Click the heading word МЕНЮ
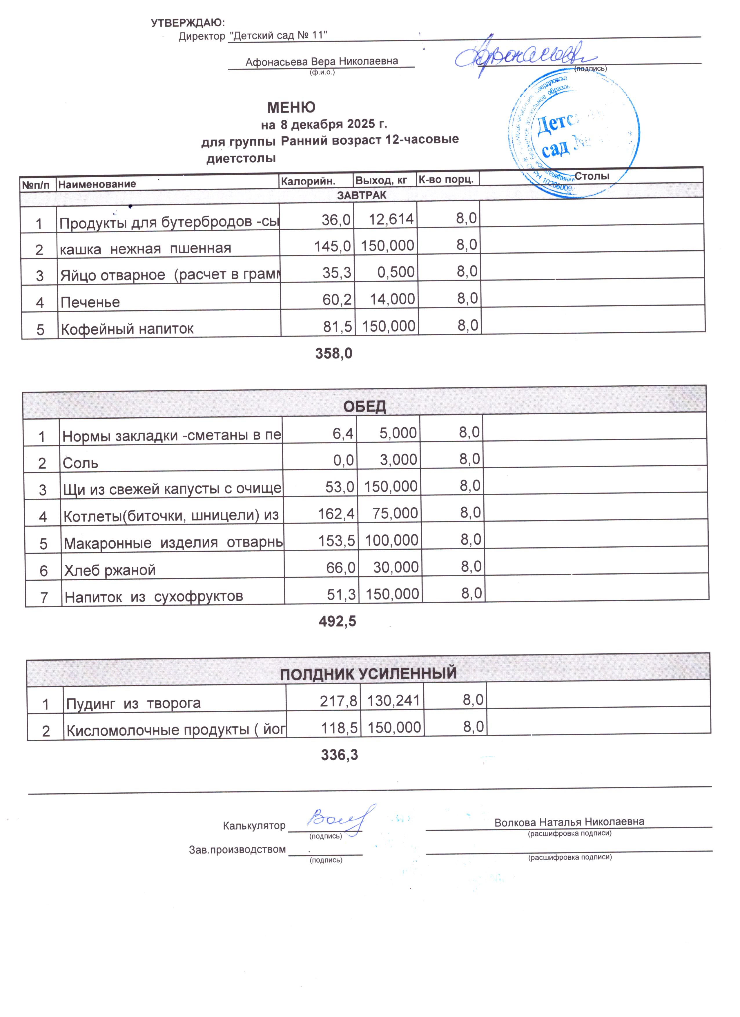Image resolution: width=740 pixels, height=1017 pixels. point(291,107)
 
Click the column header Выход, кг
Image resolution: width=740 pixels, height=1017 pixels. point(381,180)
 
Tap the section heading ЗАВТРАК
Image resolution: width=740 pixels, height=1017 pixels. point(362,195)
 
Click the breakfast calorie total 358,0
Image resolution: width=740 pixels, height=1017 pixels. point(333,354)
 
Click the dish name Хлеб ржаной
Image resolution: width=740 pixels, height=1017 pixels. point(110,570)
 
